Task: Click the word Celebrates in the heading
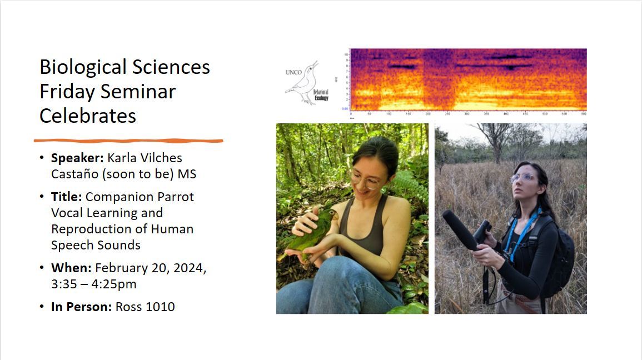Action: pos(88,116)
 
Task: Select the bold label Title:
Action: pos(67,197)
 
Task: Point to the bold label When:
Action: pos(71,268)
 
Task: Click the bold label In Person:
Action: pos(81,307)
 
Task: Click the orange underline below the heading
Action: pos(128,141)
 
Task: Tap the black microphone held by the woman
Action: pos(461,231)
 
